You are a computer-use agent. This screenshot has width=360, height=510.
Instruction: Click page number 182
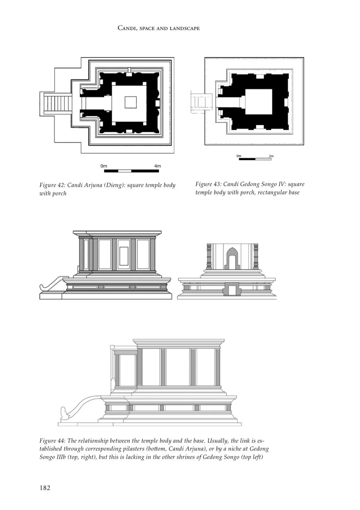(x=45, y=488)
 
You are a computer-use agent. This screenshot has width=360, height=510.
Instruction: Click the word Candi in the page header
(x=126, y=28)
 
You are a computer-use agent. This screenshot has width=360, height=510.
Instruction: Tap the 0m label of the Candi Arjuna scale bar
(x=104, y=166)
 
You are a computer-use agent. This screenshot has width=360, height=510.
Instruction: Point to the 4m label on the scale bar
(x=157, y=166)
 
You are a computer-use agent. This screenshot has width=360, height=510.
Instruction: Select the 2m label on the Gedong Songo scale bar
(x=271, y=156)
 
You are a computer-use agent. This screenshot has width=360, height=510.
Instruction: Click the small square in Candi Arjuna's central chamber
(x=130, y=102)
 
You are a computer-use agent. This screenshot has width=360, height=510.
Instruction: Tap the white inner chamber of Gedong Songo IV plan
(x=259, y=102)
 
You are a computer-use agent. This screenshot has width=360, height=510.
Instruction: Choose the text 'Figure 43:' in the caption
(x=208, y=184)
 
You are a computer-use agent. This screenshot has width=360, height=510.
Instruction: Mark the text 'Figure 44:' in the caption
(x=52, y=441)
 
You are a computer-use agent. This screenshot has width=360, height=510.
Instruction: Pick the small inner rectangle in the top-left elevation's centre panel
(x=124, y=256)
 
